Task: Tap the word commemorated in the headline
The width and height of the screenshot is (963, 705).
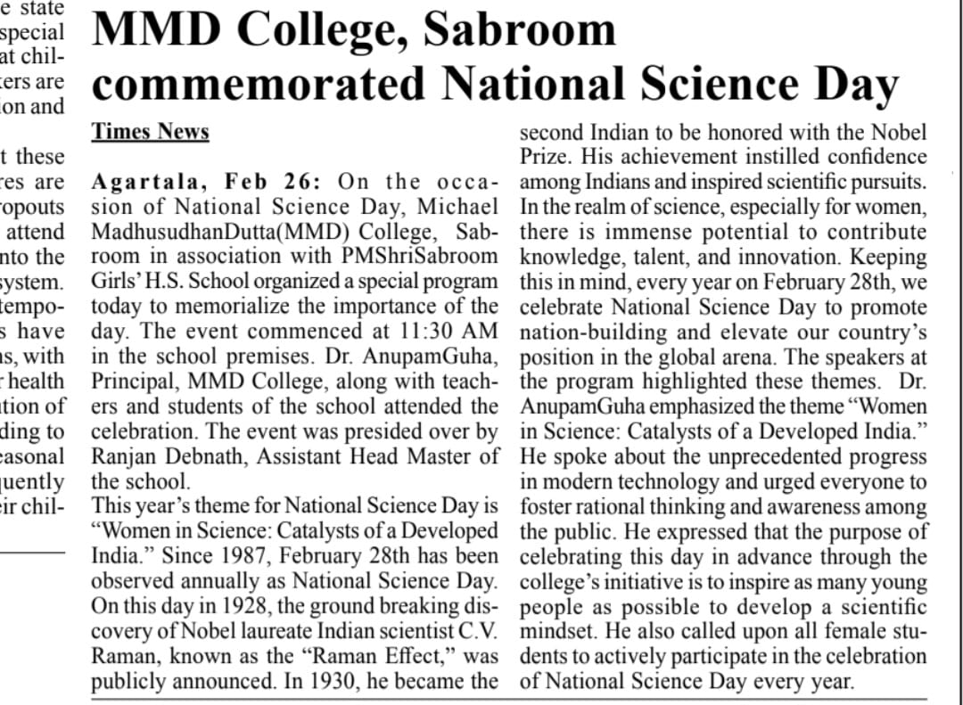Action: [x=260, y=85]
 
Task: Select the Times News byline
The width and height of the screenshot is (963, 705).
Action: [x=150, y=132]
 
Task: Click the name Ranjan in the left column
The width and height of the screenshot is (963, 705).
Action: [x=124, y=457]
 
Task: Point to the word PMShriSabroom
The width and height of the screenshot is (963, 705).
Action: [x=432, y=257]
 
